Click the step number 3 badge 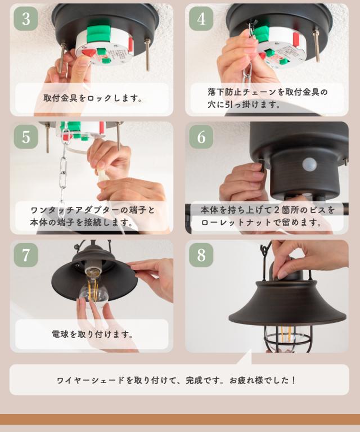pyautogui.click(x=26, y=19)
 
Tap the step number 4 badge pyautogui.click(x=201, y=19)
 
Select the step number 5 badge pyautogui.click(x=26, y=137)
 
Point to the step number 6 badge pyautogui.click(x=201, y=137)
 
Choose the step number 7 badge pyautogui.click(x=26, y=255)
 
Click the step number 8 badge pyautogui.click(x=201, y=255)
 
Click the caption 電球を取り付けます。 pyautogui.click(x=93, y=335)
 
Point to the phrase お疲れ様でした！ pyautogui.click(x=263, y=380)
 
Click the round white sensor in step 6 pyautogui.click(x=309, y=164)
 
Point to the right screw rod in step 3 pyautogui.click(x=147, y=55)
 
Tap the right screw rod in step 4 pyautogui.click(x=317, y=46)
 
